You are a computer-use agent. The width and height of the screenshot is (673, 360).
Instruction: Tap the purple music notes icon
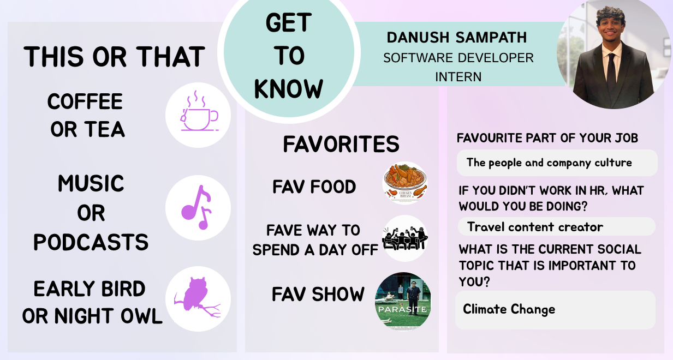[197, 207]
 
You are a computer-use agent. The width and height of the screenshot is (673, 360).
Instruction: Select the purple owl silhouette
[196, 297]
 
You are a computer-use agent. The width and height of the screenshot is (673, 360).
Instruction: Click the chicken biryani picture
[405, 183]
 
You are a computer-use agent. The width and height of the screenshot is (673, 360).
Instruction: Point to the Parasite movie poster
[403, 300]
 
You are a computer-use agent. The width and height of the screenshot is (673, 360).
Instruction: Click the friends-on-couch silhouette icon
[405, 238]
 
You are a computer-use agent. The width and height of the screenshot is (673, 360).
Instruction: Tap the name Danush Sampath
[457, 38]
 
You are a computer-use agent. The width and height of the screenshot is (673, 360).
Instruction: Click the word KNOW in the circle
[288, 89]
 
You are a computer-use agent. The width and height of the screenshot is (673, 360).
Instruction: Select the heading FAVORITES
[341, 144]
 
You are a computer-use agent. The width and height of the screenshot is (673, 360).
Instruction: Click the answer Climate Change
[509, 309]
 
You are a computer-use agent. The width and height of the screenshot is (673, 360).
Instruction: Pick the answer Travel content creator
[535, 227]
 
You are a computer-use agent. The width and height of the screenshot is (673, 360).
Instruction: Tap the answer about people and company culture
[549, 163]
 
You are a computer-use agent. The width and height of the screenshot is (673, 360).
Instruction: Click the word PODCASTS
[91, 242]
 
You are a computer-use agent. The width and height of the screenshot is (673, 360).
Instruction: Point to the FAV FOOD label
[314, 187]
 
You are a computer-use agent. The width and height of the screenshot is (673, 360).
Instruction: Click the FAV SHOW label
[318, 294]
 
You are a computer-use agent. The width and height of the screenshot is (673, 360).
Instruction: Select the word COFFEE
[85, 101]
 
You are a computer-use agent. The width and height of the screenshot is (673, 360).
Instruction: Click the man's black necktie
[612, 74]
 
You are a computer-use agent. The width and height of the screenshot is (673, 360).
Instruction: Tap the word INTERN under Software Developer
[458, 77]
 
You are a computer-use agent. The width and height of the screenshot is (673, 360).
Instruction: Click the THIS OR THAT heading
[115, 56]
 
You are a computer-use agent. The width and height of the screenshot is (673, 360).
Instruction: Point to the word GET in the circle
[288, 22]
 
